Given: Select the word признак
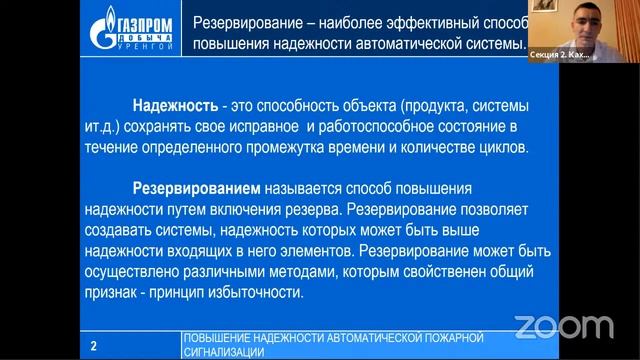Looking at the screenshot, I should (x=109, y=293).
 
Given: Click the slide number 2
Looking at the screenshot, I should (x=93, y=346).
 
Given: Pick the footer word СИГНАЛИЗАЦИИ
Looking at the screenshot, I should (x=225, y=353).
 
